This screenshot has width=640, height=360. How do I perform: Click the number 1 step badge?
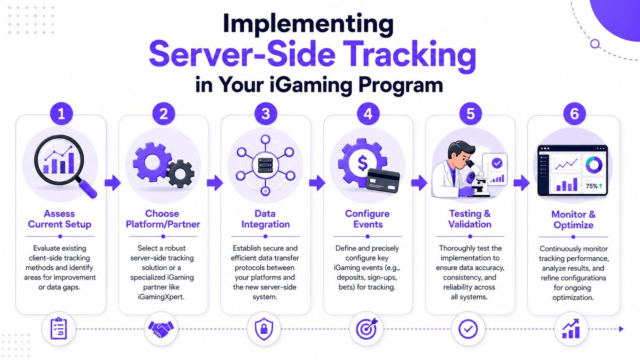[61, 114]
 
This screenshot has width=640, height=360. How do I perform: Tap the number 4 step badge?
[368, 114]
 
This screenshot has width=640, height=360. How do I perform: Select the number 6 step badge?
[574, 114]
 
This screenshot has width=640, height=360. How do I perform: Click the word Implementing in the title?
[308, 25]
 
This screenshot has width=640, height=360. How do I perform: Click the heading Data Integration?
[266, 219]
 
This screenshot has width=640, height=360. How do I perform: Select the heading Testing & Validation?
[470, 219]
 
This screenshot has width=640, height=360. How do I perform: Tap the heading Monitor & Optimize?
[574, 220]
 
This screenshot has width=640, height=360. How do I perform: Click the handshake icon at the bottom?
[161, 329]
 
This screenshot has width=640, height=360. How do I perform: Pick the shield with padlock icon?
[264, 329]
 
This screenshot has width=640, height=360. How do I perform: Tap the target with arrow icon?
[366, 328]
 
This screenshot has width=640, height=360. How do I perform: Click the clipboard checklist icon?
[58, 328]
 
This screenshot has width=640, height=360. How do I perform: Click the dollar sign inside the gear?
[362, 163]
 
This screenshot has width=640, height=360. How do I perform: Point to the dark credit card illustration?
[383, 180]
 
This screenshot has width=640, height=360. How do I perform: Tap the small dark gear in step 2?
[180, 174]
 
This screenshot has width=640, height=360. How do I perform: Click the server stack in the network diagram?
[266, 166]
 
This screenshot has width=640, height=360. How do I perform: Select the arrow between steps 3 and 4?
[317, 183]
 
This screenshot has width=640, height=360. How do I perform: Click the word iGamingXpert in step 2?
[161, 297]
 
